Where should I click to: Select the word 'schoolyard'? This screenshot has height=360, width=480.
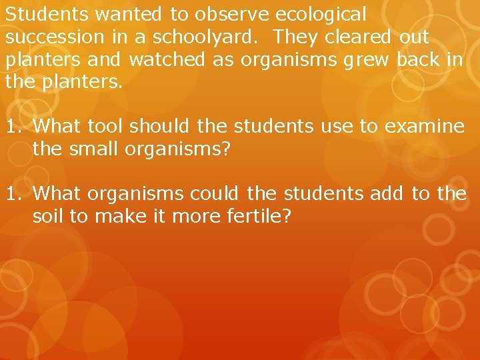click(x=211, y=37)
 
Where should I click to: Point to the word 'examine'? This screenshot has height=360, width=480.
click(x=423, y=126)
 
